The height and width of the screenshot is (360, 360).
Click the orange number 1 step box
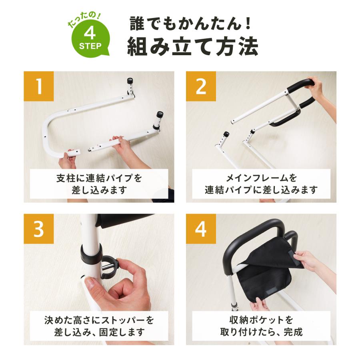click(x=39, y=86)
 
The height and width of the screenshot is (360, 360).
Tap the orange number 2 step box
click(x=201, y=86)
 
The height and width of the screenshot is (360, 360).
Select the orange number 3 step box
click(x=39, y=229)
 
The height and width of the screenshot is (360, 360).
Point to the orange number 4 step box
click(x=201, y=229)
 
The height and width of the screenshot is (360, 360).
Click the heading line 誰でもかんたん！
click(x=191, y=24)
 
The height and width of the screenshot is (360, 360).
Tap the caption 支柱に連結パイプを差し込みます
click(x=99, y=184)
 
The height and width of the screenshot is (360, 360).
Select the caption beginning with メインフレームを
click(x=261, y=184)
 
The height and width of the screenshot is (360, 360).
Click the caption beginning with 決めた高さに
click(x=99, y=326)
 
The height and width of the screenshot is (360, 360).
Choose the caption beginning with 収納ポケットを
click(x=261, y=326)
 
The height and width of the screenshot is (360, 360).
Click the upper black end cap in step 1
click(x=130, y=81)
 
